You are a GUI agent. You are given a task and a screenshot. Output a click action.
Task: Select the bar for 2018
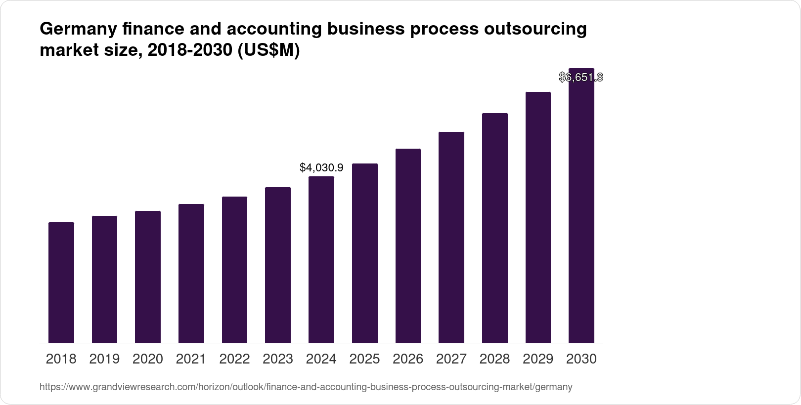61,283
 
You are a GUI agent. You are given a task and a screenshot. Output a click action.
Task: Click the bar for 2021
191,273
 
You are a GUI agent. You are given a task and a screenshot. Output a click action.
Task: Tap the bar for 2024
321,259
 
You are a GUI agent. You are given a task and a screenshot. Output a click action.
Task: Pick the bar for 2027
451,237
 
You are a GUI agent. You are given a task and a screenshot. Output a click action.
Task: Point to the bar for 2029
538,217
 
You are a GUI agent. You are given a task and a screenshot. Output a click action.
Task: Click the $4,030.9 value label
321,168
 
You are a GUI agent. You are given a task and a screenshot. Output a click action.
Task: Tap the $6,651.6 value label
581,77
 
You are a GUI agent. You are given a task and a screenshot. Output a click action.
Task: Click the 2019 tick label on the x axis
104,359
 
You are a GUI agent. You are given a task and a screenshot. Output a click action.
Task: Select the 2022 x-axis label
234,359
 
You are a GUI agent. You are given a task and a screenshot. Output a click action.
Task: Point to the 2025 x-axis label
364,359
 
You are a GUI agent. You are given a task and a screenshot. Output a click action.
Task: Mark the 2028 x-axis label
494,359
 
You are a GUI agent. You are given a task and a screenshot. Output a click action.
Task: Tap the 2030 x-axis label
581,359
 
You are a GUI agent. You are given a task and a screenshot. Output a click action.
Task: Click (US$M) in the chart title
269,50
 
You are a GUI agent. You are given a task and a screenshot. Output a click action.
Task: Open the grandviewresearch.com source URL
306,387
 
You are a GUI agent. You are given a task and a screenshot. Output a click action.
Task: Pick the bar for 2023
278,265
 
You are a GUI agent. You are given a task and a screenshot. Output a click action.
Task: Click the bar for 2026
408,245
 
